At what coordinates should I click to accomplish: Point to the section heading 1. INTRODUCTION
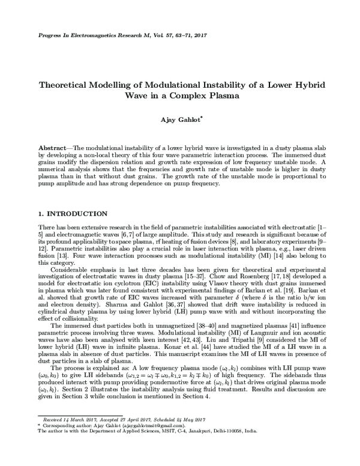click(72, 214)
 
